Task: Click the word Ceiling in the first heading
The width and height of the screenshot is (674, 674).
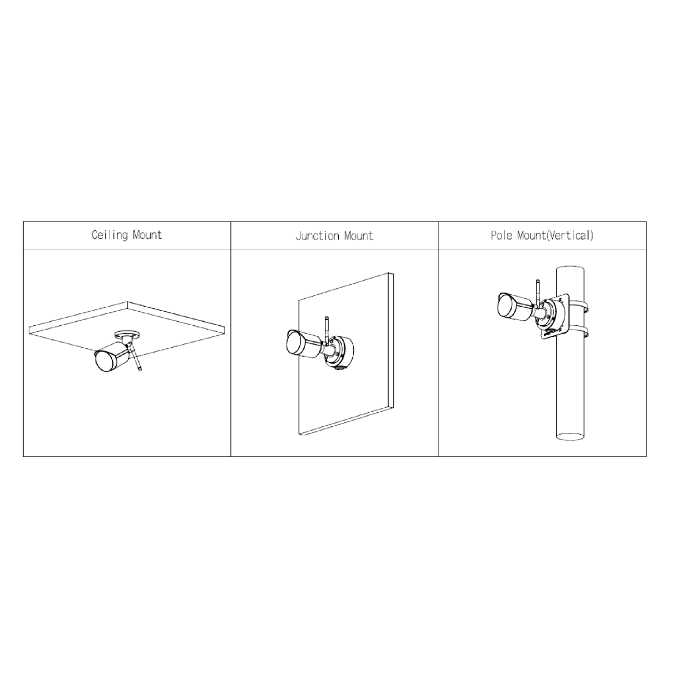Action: click(x=110, y=235)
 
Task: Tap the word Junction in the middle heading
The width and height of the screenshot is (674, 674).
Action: click(x=317, y=236)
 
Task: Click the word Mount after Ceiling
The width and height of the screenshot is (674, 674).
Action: click(x=148, y=235)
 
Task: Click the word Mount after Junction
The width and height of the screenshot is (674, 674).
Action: click(x=359, y=236)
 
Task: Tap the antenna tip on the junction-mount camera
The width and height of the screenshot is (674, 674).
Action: click(x=326, y=317)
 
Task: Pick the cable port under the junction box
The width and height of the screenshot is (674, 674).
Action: click(x=339, y=367)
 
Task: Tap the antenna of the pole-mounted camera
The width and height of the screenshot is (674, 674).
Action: click(x=538, y=294)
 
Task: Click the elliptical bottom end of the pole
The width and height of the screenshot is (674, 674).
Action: click(x=570, y=436)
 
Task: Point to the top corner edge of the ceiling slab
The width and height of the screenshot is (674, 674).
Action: click(x=127, y=302)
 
